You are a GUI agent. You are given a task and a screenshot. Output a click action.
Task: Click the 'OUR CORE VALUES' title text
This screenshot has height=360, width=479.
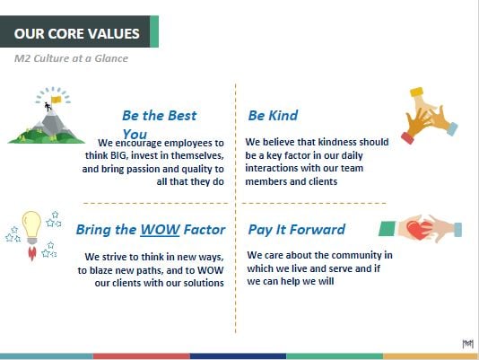click(76, 33)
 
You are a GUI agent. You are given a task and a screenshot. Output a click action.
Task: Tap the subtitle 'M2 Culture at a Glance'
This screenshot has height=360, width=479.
click(71, 58)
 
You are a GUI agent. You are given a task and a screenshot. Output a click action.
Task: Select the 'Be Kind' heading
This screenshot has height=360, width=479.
click(273, 116)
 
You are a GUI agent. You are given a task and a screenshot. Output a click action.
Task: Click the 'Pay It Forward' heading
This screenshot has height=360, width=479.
click(297, 230)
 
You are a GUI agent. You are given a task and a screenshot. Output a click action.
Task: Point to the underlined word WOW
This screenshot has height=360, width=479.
click(160, 230)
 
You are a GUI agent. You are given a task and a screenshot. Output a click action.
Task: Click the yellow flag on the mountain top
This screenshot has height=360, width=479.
click(57, 100)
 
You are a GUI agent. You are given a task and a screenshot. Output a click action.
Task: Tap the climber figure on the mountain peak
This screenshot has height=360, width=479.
click(48, 107)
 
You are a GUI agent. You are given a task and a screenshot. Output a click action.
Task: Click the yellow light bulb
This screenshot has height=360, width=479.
click(31, 225)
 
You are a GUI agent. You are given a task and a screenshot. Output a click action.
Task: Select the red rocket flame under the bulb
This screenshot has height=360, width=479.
click(31, 252)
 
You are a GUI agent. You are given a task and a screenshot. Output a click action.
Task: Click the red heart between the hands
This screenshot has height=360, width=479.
click(419, 230)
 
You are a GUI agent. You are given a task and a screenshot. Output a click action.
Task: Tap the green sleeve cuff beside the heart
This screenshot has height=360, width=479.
click(387, 229)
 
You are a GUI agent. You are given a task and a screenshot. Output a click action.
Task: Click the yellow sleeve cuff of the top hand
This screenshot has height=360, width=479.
click(417, 92)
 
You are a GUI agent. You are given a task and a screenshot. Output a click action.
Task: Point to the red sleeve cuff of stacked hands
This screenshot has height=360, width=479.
click(407, 137)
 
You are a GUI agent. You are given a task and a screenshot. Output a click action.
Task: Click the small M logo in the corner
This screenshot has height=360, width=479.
click(467, 344)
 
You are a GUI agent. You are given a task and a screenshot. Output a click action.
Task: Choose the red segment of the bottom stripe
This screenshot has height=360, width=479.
click(142, 356)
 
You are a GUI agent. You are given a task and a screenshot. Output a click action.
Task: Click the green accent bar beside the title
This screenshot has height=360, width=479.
click(154, 31)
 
